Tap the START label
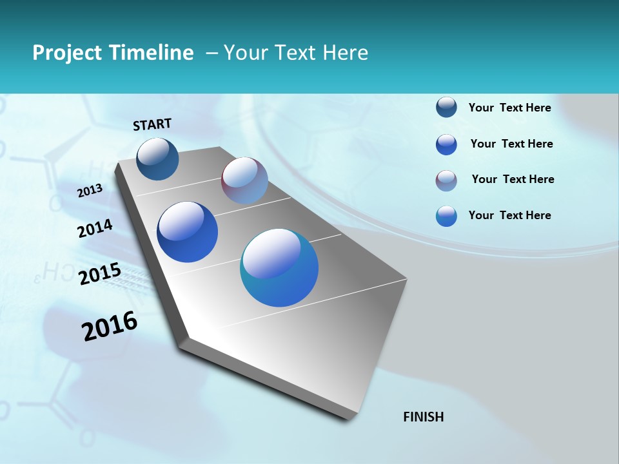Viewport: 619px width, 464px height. click(x=152, y=124)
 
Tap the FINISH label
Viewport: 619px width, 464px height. click(x=424, y=417)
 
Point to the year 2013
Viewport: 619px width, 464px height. click(x=90, y=190)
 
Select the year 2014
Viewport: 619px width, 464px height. click(x=95, y=228)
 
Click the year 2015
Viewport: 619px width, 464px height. click(x=100, y=274)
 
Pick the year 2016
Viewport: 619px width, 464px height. click(x=110, y=326)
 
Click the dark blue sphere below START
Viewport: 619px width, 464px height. click(x=158, y=159)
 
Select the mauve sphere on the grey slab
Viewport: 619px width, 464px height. click(x=244, y=180)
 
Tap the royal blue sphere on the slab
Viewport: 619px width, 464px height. click(x=188, y=232)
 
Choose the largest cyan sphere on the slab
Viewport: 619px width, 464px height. click(x=279, y=267)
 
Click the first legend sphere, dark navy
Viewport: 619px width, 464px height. click(x=446, y=108)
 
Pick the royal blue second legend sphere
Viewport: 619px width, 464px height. click(x=446, y=144)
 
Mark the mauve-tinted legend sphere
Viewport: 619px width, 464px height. click(x=446, y=180)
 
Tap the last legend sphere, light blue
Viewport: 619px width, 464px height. click(x=446, y=216)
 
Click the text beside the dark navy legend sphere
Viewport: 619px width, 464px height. click(x=509, y=108)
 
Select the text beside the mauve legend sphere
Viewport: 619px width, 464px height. click(x=513, y=179)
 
